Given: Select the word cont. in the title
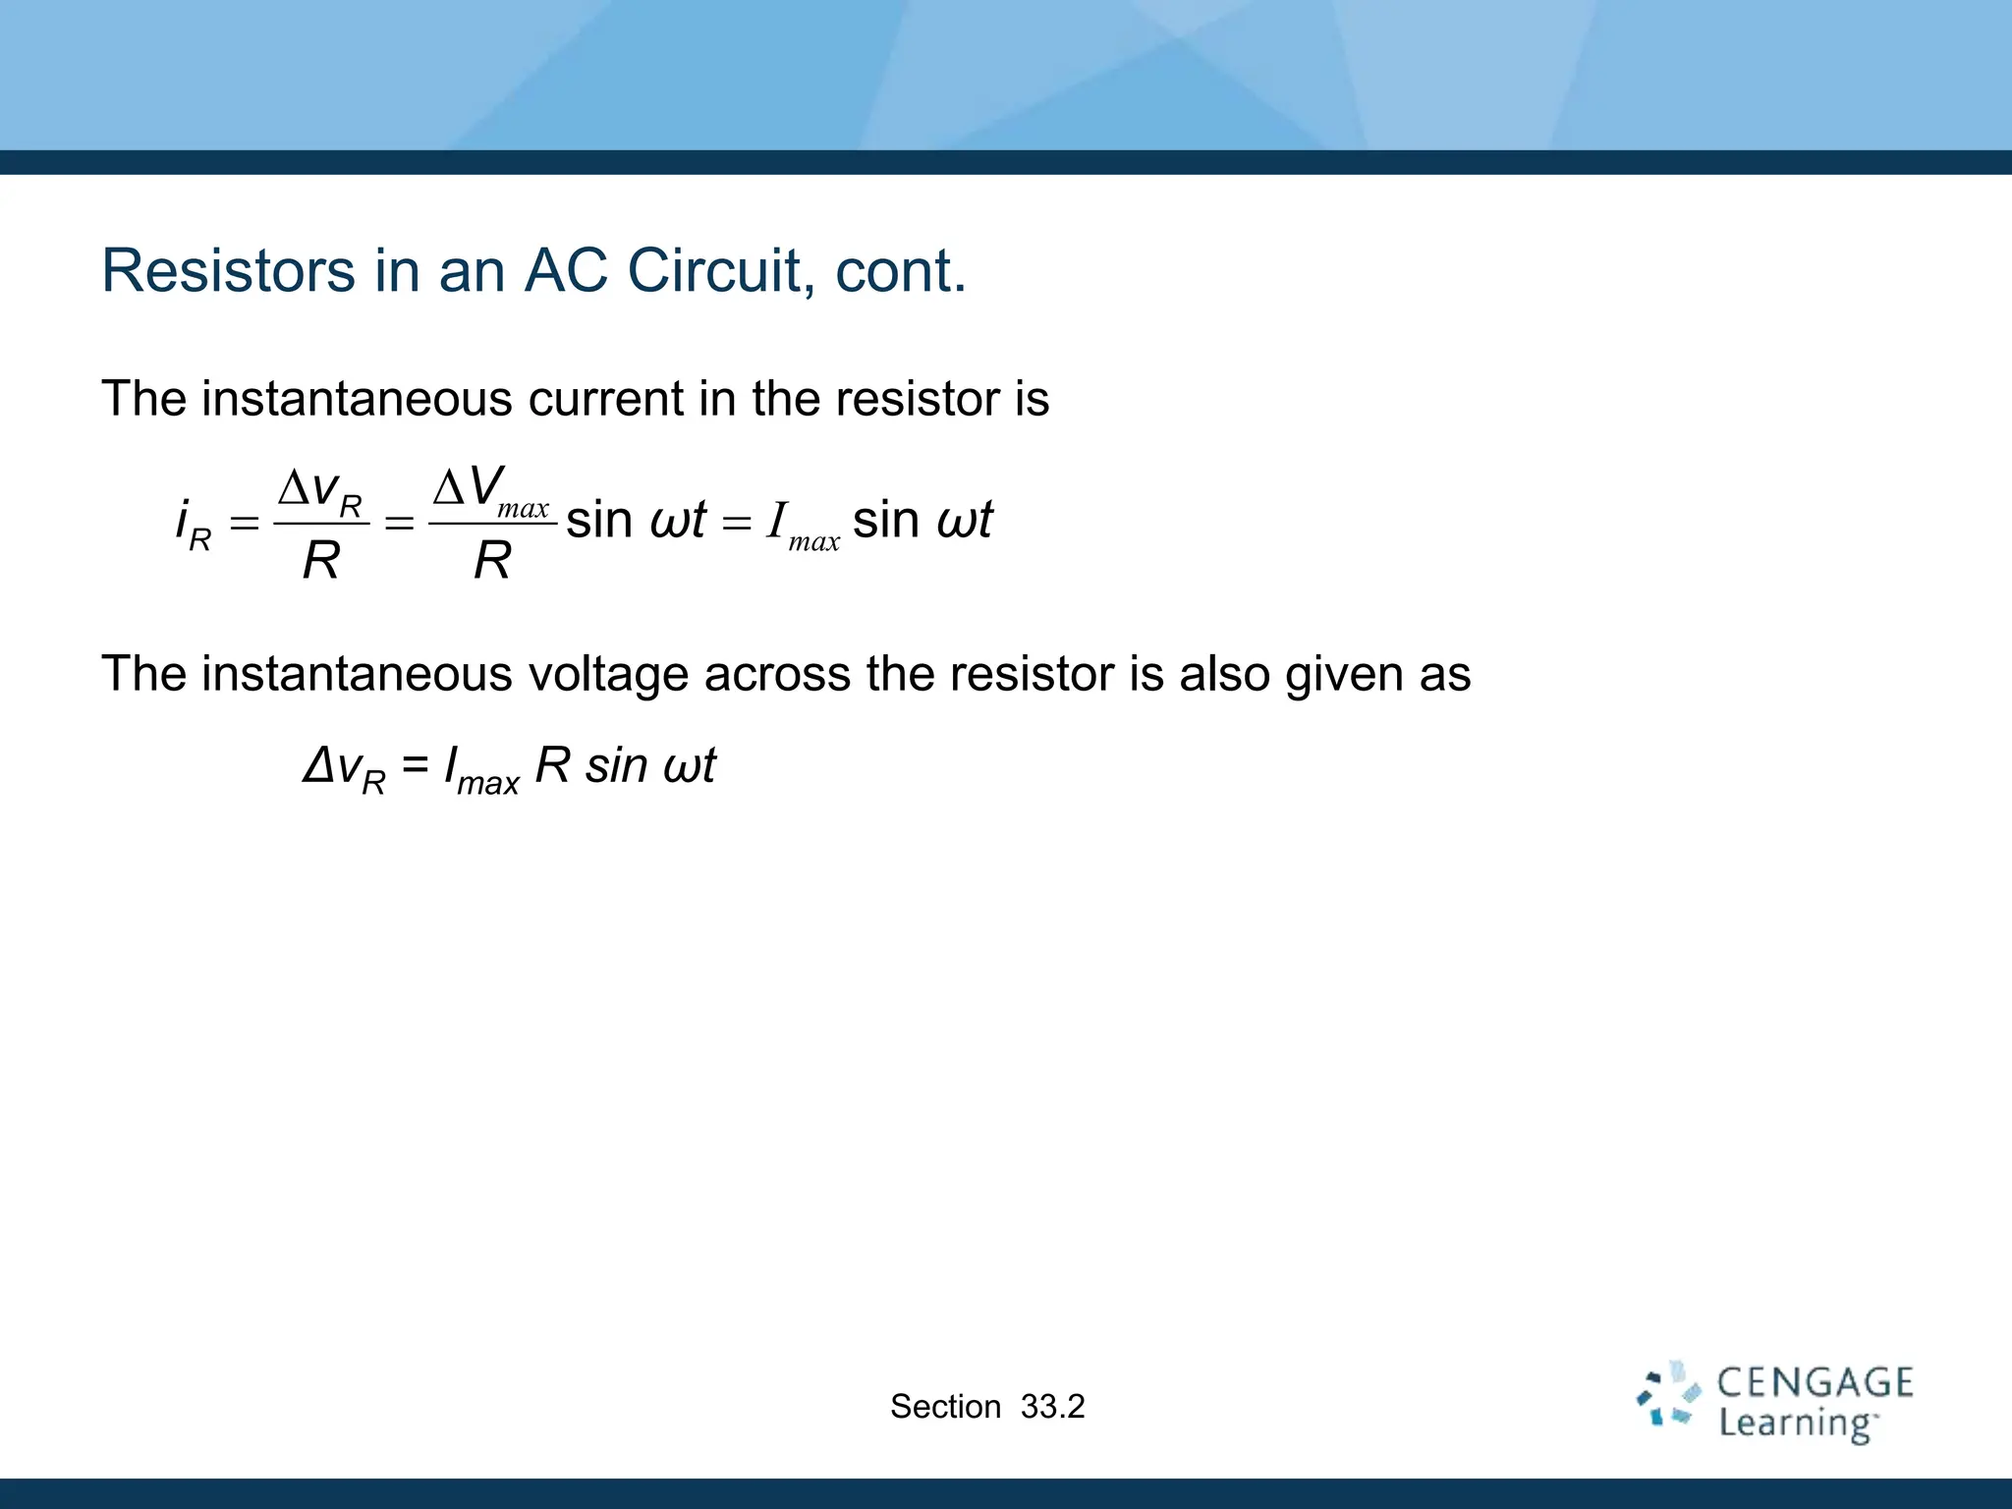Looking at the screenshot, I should (x=900, y=272).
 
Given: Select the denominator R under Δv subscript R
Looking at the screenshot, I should (x=320, y=561).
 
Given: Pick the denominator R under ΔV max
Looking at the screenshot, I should (x=492, y=561).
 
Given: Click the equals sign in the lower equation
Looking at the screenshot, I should (x=416, y=765).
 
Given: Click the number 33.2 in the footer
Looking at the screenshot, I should (x=1052, y=1407).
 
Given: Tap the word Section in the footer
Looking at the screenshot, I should (x=945, y=1407).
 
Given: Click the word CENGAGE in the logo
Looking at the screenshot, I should (x=1815, y=1383).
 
